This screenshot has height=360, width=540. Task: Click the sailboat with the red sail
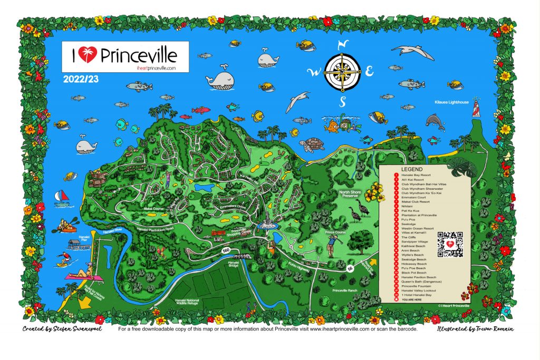point(62,196)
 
